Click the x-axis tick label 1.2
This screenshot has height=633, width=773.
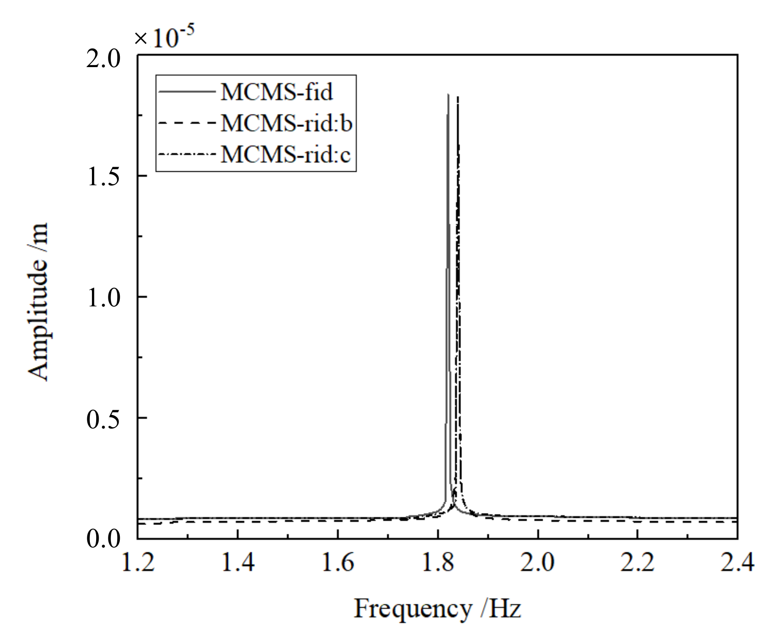pos(138,563)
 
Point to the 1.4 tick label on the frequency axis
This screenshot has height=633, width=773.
pos(238,563)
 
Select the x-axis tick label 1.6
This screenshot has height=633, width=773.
pos(338,563)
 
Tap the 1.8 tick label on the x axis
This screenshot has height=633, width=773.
pos(438,563)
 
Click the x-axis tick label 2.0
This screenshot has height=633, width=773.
pos(538,563)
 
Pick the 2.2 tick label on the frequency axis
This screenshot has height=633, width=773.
pos(638,563)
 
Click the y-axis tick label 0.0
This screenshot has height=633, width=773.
pos(103,539)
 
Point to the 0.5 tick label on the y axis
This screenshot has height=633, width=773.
pos(103,419)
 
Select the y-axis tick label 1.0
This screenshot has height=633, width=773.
pos(103,298)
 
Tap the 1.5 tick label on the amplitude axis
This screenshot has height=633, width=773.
pos(103,176)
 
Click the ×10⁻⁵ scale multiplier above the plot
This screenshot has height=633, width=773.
pos(164,37)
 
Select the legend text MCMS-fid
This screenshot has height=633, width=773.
pos(277,92)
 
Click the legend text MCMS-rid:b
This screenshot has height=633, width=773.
pos(286,123)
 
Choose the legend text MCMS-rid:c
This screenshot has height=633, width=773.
pos(285,154)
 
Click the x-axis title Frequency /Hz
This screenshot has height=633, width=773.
pos(437,609)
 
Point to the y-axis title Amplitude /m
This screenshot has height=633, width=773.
pos(38,302)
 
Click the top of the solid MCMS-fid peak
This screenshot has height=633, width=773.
pos(448,95)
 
